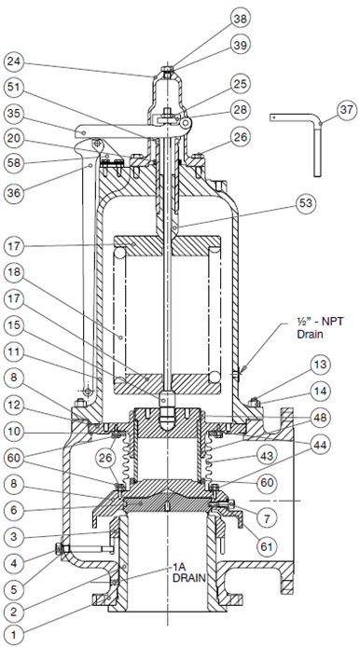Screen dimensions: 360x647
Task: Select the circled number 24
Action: pos(14,62)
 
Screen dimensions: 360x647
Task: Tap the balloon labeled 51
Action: pos(14,87)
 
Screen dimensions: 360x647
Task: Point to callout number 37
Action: pos(346,110)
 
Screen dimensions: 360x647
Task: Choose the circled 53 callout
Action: pos(306,203)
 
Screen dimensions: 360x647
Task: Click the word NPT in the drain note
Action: pos(331,322)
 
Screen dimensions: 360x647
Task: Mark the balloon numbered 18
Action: pos(14,272)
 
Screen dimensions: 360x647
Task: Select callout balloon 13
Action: pos(320,365)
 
